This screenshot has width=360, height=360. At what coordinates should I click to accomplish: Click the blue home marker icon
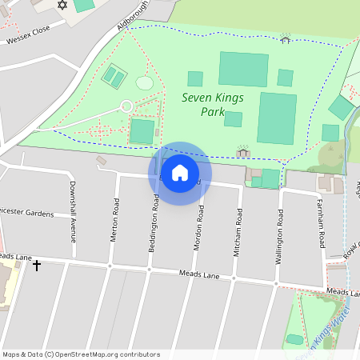[180, 172]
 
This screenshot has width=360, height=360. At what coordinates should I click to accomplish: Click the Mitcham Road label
[238, 232]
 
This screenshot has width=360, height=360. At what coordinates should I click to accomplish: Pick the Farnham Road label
[322, 225]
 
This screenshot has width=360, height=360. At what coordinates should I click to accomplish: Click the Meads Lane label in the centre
[199, 274]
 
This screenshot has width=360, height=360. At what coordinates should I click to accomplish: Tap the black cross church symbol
[36, 264]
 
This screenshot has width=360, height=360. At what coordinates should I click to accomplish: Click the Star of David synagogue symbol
[63, 6]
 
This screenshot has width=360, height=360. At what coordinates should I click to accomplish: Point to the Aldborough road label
[134, 15]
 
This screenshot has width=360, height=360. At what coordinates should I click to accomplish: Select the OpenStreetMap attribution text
[81, 354]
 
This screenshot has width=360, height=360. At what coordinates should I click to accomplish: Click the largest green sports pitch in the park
[277, 118]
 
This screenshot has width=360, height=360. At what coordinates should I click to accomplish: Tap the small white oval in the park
[144, 82]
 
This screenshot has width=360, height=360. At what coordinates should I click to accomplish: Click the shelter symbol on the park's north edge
[286, 38]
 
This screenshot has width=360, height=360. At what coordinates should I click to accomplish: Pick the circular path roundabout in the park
[126, 106]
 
